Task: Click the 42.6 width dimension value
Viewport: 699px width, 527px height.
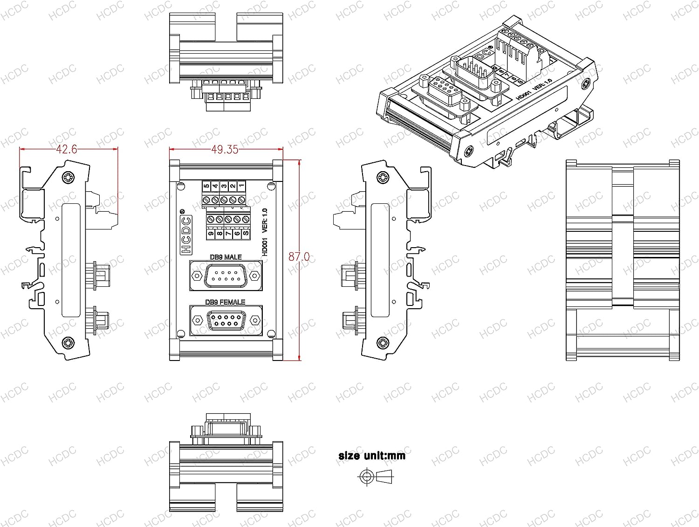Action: [66, 149]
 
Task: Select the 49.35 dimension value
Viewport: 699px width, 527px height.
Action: [225, 149]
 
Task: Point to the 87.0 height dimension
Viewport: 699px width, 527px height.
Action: [299, 257]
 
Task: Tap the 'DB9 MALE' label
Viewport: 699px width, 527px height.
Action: [226, 257]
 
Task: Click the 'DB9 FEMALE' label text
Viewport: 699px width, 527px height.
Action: [225, 302]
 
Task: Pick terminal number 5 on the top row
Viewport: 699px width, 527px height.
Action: [206, 186]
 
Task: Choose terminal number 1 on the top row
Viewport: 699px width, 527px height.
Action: [241, 186]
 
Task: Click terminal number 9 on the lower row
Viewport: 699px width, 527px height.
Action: [211, 234]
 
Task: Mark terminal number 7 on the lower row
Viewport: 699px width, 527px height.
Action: [228, 234]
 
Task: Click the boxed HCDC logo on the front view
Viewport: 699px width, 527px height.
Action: [186, 235]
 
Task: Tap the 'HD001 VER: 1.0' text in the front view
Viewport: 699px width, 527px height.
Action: [265, 232]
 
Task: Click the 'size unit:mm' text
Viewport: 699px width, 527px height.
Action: [372, 456]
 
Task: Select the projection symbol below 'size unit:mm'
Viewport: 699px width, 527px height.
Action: [376, 477]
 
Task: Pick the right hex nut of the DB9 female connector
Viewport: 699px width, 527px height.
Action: [255, 320]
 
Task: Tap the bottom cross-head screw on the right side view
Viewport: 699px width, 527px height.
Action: [383, 343]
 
